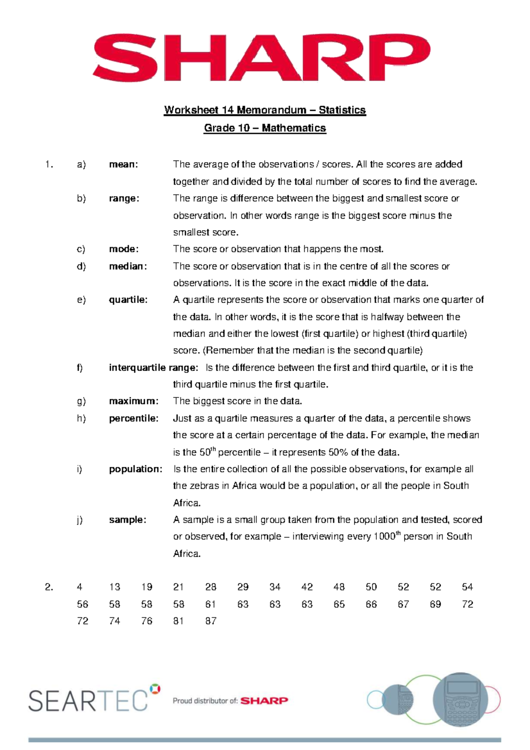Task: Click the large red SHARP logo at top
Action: (x=261, y=57)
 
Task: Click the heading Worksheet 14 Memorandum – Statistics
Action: (x=265, y=110)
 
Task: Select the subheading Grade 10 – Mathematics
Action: (x=265, y=128)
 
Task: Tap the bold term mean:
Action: (x=124, y=164)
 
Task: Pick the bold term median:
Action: (x=128, y=266)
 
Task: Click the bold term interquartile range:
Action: (x=153, y=367)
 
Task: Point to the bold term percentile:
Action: (x=133, y=418)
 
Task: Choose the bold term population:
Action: (x=136, y=469)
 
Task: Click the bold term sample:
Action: (x=127, y=520)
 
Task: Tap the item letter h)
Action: (x=81, y=418)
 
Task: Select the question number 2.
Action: (x=49, y=587)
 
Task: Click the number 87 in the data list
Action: (x=211, y=621)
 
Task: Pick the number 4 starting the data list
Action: (x=79, y=587)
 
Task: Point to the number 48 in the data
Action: (x=339, y=587)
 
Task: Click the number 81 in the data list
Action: (x=178, y=621)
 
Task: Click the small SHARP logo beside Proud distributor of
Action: (x=264, y=701)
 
